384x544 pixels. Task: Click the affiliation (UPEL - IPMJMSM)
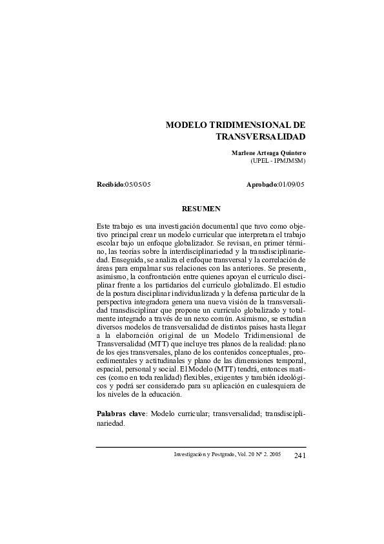278,160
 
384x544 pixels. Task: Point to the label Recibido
110,185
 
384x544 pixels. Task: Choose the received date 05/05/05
137,185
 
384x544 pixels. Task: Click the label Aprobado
261,185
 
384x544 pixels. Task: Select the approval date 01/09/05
290,185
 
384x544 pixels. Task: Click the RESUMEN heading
201,209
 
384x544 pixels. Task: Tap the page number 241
299,455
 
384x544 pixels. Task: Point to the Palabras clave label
121,413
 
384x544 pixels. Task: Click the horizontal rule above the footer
201,446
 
